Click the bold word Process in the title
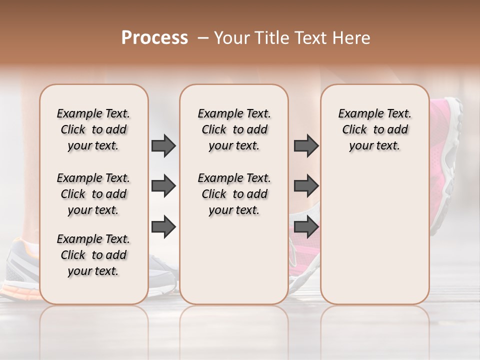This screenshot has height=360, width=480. point(154,38)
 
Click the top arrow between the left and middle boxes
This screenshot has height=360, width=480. point(163,145)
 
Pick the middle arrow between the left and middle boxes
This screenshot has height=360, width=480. point(163,186)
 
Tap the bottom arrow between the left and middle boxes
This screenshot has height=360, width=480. point(163,226)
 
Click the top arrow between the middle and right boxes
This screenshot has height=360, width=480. point(306,145)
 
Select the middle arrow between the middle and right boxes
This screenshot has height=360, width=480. point(306,186)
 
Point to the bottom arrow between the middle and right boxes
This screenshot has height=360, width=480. point(306,226)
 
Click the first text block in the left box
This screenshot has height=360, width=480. point(93,129)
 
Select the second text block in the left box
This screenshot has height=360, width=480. point(93,194)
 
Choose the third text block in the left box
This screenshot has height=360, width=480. point(93,255)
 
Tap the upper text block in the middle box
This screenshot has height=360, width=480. point(234,129)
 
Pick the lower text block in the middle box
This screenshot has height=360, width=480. point(234,194)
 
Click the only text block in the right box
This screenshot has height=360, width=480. point(374,129)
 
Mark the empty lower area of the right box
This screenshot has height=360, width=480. point(374,235)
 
